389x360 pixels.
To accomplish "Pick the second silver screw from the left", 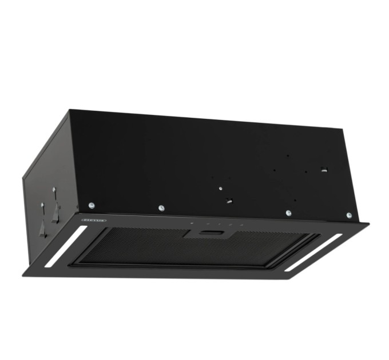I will click(x=162, y=208).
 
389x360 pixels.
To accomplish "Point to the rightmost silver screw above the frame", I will click(x=349, y=215).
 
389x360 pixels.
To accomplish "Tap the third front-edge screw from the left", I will click(x=288, y=213).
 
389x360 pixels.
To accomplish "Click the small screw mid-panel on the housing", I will click(x=220, y=186).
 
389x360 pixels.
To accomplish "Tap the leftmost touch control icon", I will click(x=192, y=222).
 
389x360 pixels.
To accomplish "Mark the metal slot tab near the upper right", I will click(x=324, y=169).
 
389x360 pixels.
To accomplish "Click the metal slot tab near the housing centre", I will click(x=229, y=200).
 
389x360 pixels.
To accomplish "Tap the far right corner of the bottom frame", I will click(x=369, y=224).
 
